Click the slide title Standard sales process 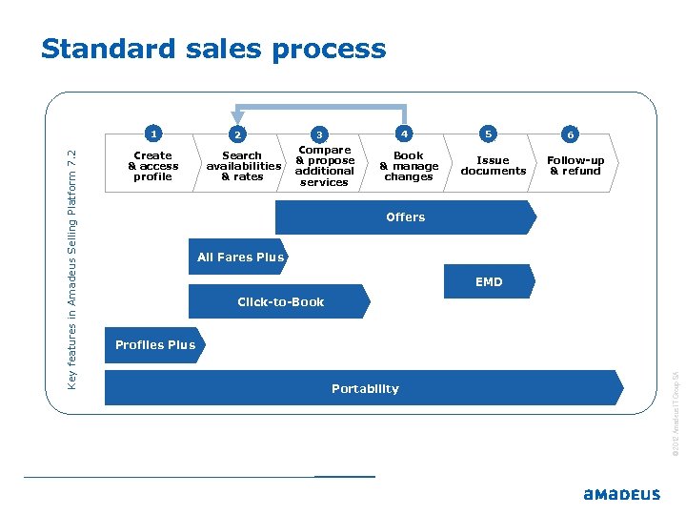coord(213,49)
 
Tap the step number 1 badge coord(153,134)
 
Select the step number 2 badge coord(238,134)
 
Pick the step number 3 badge coord(321,134)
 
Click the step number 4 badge coord(405,134)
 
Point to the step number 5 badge coord(488,134)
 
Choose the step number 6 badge coord(570,134)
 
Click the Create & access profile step coord(153,166)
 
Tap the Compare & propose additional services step coord(325,166)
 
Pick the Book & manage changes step coord(409,166)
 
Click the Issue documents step coord(493,166)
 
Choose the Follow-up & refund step coord(575,166)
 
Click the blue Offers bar coord(405,217)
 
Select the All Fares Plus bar coord(240,257)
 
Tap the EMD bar coord(489,281)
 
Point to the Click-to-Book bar coord(280,301)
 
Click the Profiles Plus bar coord(154,345)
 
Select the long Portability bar coord(364,388)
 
